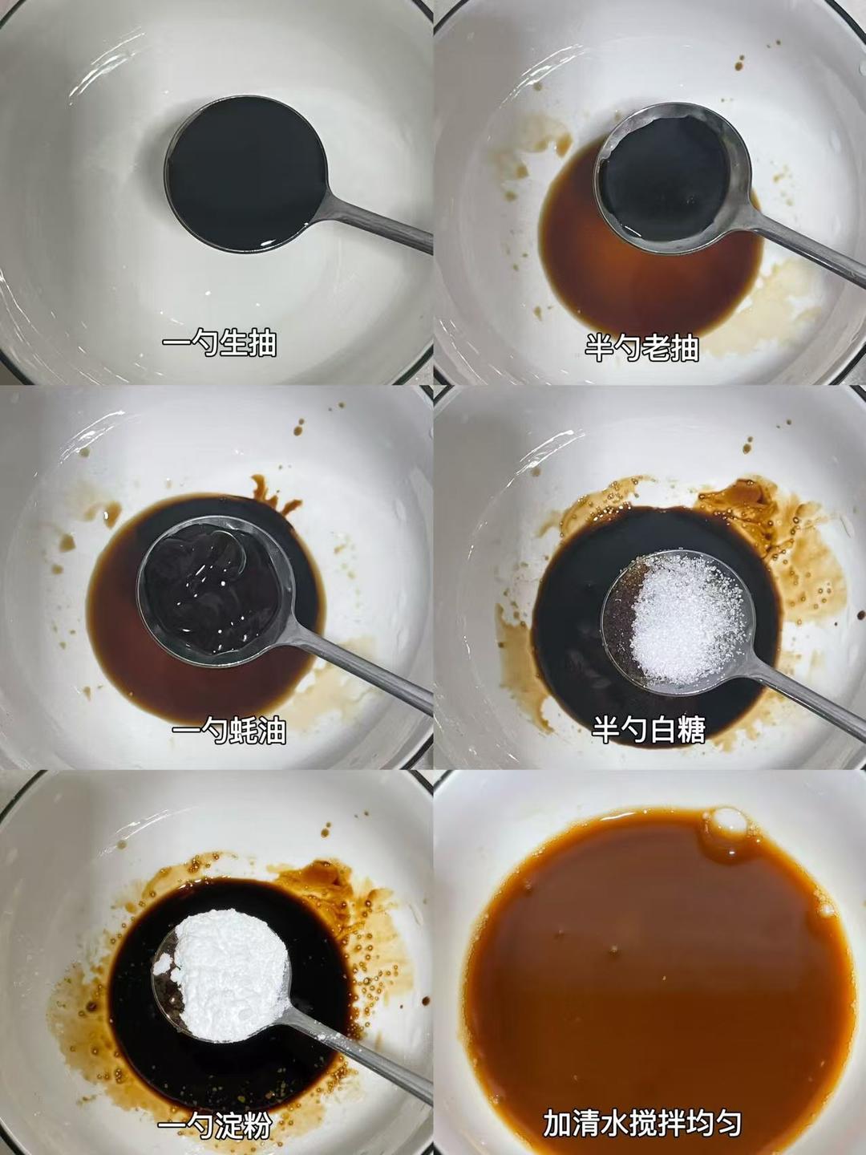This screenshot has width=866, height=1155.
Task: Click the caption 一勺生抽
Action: (219, 344)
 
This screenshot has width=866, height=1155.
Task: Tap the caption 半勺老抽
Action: (641, 348)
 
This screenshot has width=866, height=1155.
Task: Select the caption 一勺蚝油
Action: (229, 731)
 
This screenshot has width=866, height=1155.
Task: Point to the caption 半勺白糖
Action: (649, 730)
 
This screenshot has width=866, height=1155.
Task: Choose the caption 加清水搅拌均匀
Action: (641, 1123)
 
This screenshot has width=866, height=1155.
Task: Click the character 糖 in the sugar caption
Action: (690, 730)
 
